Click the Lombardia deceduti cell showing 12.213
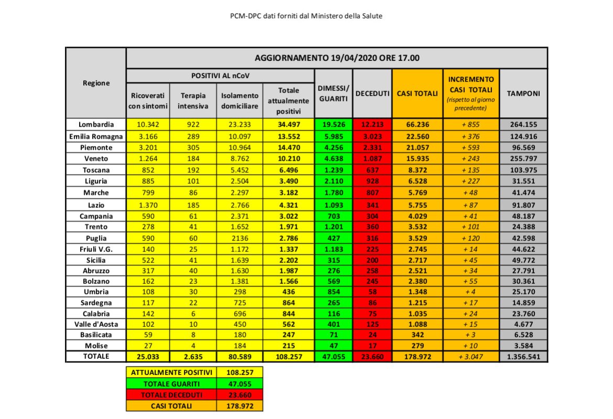coord(373,125)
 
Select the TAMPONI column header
coord(523,93)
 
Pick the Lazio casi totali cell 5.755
coord(417,204)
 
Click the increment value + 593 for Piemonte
coord(471,148)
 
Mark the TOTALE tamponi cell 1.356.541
coord(523,356)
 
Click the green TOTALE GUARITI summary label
coord(171,383)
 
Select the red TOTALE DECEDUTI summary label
coord(171,394)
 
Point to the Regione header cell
coord(96,83)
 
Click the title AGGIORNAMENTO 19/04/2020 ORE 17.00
coord(337,58)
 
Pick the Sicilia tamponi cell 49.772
coord(523,260)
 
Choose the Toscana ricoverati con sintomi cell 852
coord(148,170)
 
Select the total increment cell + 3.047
coord(471,356)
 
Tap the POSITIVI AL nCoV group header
coord(220,76)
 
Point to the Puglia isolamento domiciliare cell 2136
coord(239,238)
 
